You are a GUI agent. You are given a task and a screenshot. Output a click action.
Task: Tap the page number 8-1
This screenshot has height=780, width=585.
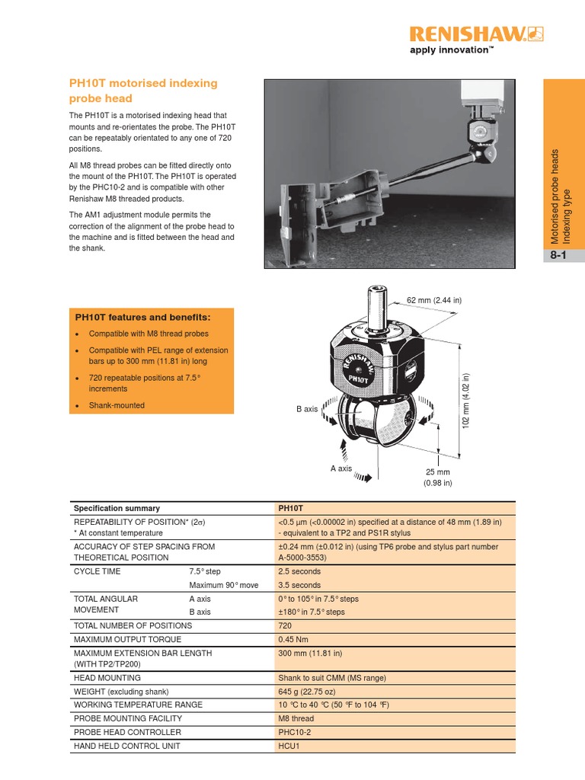click(x=563, y=257)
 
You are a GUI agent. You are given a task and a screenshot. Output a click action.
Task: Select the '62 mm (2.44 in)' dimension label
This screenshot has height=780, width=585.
click(x=434, y=300)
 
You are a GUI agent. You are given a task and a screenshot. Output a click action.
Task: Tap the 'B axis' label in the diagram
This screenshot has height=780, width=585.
click(x=307, y=409)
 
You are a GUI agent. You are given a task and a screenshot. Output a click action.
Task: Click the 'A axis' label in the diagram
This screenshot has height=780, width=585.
click(x=341, y=468)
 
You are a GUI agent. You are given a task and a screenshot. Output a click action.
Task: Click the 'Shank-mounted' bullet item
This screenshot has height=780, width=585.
click(x=117, y=405)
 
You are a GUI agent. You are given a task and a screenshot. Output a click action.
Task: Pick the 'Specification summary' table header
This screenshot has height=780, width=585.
click(x=117, y=508)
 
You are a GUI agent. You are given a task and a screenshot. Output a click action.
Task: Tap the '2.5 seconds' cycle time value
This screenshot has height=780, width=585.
click(x=300, y=571)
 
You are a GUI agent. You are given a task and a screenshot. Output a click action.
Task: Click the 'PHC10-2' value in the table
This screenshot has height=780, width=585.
click(x=296, y=732)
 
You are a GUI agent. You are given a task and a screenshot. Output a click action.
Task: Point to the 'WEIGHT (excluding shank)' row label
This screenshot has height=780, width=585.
click(x=120, y=691)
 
